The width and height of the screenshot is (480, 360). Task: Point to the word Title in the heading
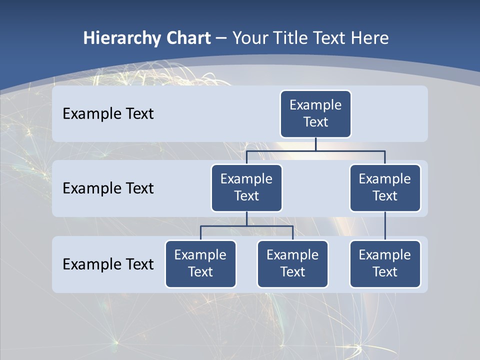[293, 38]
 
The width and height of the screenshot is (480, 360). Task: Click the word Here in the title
[369, 38]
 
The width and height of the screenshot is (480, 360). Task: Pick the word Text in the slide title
[331, 38]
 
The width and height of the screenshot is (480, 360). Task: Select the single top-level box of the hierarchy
[315, 113]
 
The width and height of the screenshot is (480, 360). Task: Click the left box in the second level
[246, 187]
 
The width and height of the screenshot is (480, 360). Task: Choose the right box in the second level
[385, 187]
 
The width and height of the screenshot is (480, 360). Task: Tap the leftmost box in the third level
[200, 263]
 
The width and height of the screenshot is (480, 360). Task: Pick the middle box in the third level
[292, 263]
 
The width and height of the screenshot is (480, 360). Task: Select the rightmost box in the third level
[385, 263]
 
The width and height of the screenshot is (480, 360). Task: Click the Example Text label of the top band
[108, 114]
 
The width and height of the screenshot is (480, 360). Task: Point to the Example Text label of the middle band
[108, 188]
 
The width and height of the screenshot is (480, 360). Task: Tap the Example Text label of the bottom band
[108, 264]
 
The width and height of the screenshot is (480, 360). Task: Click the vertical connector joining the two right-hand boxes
[385, 226]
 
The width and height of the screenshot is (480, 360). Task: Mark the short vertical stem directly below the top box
[315, 144]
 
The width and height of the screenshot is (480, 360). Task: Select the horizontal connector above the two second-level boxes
[315, 150]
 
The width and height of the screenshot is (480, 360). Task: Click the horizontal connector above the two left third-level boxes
[246, 226]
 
